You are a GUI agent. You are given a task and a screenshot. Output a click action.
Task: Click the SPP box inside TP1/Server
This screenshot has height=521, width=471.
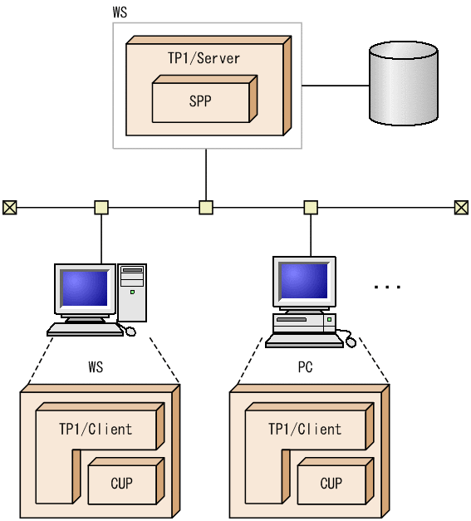pyautogui.click(x=199, y=102)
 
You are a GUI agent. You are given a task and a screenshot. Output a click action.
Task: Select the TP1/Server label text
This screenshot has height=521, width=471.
pyautogui.click(x=204, y=58)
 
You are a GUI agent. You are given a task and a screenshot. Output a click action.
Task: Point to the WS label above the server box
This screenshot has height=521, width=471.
pyautogui.click(x=120, y=13)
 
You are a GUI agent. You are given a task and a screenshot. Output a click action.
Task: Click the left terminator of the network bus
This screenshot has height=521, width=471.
pyautogui.click(x=9, y=207)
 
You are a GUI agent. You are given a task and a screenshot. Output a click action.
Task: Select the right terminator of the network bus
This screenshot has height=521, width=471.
pyautogui.click(x=461, y=207)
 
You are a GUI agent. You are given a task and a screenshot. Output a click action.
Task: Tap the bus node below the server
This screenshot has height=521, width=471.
pyautogui.click(x=206, y=207)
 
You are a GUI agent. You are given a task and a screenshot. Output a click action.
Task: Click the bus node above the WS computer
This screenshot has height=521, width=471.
pyautogui.click(x=101, y=207)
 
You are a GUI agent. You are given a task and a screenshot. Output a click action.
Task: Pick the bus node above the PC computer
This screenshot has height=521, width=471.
pyautogui.click(x=311, y=207)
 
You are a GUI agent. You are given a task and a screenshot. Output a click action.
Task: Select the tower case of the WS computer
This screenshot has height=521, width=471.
pyautogui.click(x=132, y=292)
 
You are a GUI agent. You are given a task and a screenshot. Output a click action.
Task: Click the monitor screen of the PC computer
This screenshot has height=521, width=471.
pyautogui.click(x=302, y=282)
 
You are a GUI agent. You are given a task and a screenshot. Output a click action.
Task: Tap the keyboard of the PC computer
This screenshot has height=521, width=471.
pyautogui.click(x=303, y=339)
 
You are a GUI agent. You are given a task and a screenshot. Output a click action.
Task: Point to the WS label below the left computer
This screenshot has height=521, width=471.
pyautogui.click(x=96, y=366)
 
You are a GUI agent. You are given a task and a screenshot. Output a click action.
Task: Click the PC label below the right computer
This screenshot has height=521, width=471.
pyautogui.click(x=305, y=366)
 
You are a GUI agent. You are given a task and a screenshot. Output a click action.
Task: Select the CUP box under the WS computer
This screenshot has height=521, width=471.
pyautogui.click(x=121, y=483)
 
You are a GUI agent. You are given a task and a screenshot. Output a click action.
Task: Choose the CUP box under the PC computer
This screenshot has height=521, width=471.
pyautogui.click(x=331, y=483)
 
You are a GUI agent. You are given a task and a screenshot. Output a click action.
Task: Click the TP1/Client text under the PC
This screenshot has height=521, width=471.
pyautogui.click(x=305, y=430)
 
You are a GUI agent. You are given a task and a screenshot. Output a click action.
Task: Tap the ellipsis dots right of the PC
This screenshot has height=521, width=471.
pyautogui.click(x=387, y=287)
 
